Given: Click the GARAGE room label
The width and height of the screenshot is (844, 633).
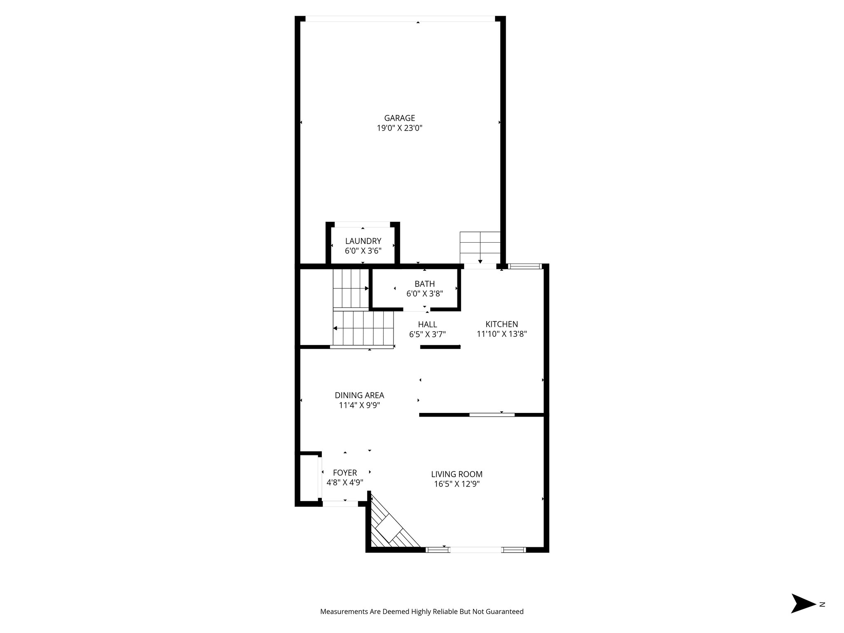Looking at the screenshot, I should [399, 118].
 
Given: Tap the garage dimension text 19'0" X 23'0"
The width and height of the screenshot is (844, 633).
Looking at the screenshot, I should [399, 128].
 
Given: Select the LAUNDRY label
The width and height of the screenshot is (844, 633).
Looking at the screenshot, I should [363, 241].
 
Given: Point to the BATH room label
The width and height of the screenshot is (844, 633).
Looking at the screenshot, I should [424, 284].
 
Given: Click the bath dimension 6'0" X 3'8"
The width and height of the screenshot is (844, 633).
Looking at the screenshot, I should [424, 294].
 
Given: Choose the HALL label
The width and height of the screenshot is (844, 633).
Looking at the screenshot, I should [427, 324].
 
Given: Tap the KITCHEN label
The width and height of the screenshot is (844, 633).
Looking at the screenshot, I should [502, 324].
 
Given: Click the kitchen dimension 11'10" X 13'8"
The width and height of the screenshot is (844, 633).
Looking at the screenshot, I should [502, 334].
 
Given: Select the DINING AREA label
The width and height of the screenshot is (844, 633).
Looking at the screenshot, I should [359, 395].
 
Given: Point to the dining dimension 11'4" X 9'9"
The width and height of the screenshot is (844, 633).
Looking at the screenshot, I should [359, 405].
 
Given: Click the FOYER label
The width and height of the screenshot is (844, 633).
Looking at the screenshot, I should [345, 473].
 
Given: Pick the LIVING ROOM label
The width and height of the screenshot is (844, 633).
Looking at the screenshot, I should [457, 474].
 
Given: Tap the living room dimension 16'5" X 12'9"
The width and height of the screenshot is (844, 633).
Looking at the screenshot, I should [457, 484].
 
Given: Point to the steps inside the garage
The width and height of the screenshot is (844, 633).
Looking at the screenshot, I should [480, 248].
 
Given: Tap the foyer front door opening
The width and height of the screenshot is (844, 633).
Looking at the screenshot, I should [340, 504].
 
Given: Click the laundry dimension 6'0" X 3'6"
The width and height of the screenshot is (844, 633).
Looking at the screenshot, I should [363, 251].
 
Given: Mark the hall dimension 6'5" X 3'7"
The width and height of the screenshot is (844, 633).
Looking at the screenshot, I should [427, 334].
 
